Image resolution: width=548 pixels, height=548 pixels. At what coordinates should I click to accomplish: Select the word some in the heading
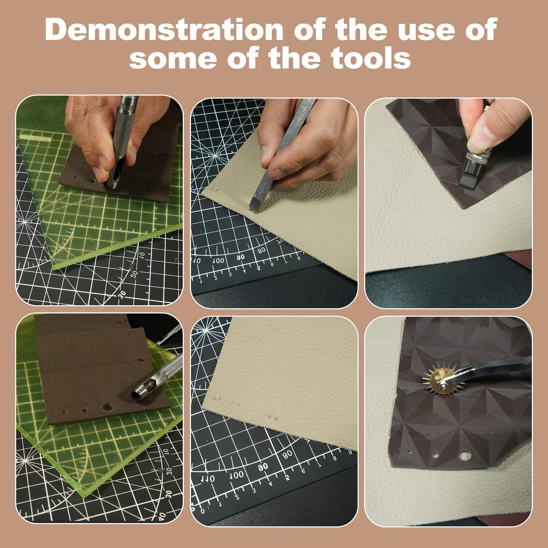coord(174,58)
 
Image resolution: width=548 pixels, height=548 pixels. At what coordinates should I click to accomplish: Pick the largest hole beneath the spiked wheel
coord(465,456)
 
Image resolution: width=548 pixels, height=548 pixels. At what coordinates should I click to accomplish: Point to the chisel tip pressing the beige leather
coord(255,206)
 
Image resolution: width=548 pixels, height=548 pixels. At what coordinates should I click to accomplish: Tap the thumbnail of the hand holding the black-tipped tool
coord(488,132)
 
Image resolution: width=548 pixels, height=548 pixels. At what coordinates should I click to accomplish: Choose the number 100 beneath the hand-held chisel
coord(218,261)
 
